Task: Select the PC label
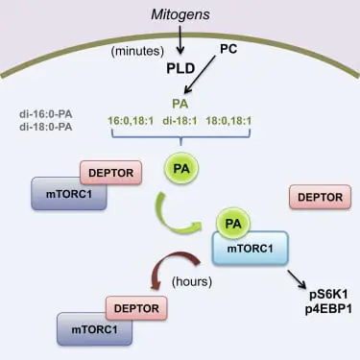coord(228,48)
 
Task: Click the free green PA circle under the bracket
coord(180,169)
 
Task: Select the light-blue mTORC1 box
coord(248,252)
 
